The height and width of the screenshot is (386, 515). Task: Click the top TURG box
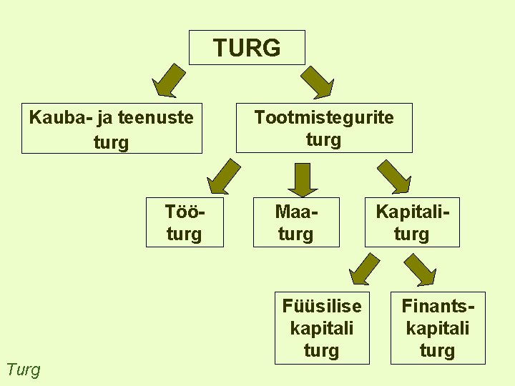[x=247, y=48]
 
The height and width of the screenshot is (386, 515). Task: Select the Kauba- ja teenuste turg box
[x=112, y=129]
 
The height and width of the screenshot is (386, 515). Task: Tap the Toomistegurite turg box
[x=324, y=129]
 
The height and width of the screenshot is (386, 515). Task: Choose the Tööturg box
[x=185, y=222]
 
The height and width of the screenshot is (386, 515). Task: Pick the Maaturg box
[x=296, y=222]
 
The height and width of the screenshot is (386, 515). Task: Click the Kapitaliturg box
[x=412, y=222]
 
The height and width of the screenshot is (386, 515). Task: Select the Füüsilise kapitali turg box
[x=322, y=328]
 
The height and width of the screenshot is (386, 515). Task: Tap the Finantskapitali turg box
[x=438, y=328]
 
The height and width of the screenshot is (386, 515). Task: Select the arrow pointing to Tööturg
[x=223, y=177]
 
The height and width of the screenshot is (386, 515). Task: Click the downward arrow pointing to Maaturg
[x=304, y=179]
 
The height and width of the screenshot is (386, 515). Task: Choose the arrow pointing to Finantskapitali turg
[x=421, y=270]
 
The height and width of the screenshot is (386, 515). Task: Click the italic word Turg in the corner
[x=23, y=370]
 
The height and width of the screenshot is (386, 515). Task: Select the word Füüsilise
[x=322, y=306]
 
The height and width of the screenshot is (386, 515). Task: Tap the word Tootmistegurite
[x=324, y=117]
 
